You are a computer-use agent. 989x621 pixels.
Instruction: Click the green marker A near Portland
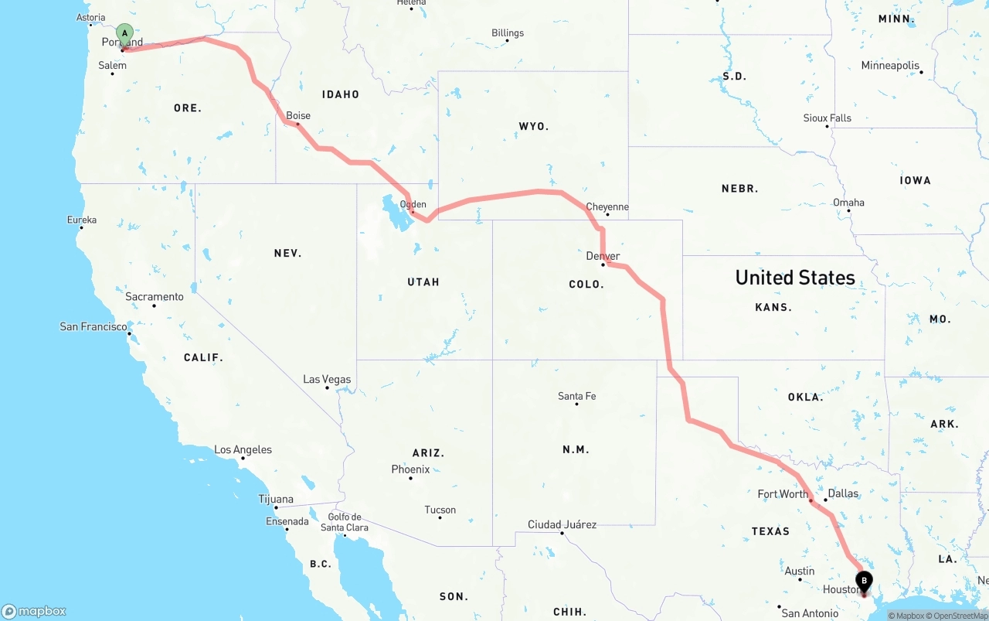pyautogui.click(x=124, y=34)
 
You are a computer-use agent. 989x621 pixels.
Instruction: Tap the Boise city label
pyautogui.click(x=298, y=116)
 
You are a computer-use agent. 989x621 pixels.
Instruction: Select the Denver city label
pyautogui.click(x=603, y=256)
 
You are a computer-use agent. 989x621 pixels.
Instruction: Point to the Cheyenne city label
pyautogui.click(x=607, y=207)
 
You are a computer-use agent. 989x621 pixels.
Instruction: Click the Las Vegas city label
pyautogui.click(x=327, y=380)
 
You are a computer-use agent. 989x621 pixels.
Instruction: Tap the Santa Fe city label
pyautogui.click(x=577, y=397)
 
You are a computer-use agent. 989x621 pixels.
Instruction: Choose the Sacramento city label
pyautogui.click(x=155, y=297)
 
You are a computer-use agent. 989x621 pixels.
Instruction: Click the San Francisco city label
pyautogui.click(x=93, y=327)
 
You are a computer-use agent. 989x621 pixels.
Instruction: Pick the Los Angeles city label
pyautogui.click(x=243, y=450)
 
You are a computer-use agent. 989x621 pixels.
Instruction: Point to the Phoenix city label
pyautogui.click(x=410, y=469)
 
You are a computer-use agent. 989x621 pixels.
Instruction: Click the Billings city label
pyautogui.click(x=508, y=33)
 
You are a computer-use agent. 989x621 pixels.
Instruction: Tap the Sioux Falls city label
pyautogui.click(x=828, y=118)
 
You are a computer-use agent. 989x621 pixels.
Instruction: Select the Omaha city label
pyautogui.click(x=848, y=203)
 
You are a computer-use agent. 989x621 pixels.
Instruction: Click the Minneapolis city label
pyautogui.click(x=891, y=66)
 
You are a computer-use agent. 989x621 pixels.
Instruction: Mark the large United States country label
pyautogui.click(x=795, y=278)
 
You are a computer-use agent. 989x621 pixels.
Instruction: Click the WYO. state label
pyautogui.click(x=533, y=126)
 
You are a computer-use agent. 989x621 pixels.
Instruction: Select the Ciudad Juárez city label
pyautogui.click(x=562, y=525)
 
